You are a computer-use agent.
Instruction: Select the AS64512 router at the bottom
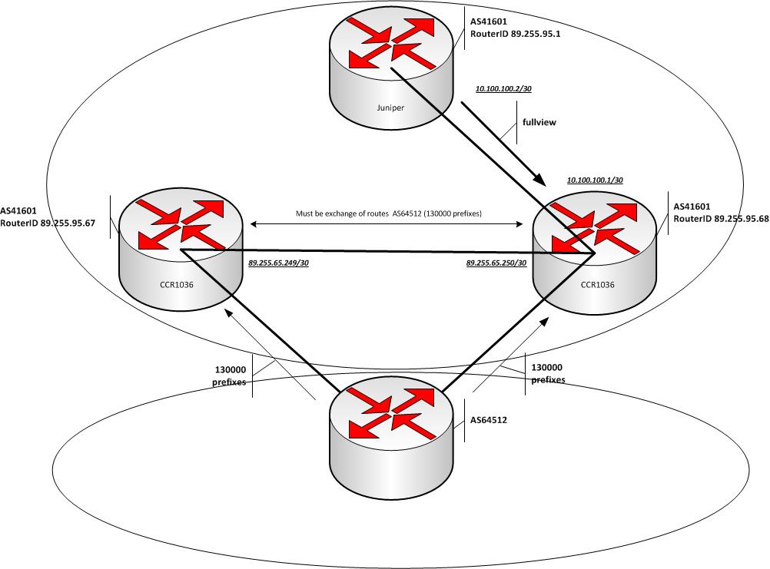390,430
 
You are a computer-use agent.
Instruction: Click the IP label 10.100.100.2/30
503,89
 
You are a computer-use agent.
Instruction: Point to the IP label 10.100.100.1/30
594,180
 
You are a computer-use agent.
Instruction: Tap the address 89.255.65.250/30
496,263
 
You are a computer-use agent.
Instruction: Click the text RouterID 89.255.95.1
514,34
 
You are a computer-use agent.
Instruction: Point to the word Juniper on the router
390,108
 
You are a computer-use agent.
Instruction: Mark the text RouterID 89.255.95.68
721,219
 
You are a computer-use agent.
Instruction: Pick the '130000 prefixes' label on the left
231,374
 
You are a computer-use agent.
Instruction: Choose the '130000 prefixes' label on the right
548,373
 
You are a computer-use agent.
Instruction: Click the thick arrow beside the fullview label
503,146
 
